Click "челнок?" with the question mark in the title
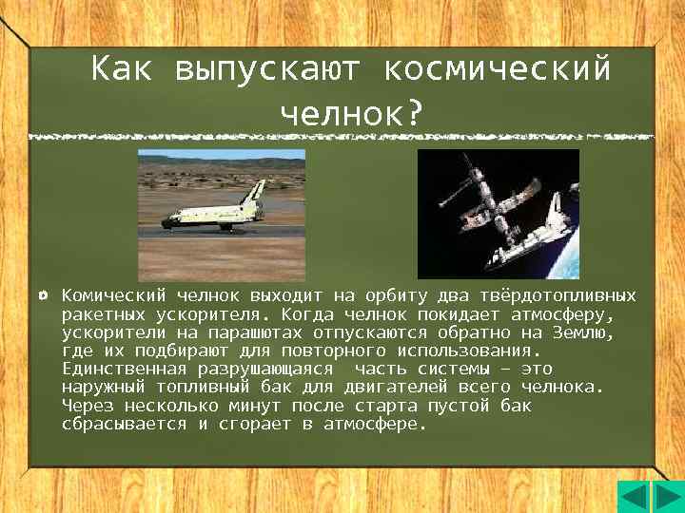point(351,112)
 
